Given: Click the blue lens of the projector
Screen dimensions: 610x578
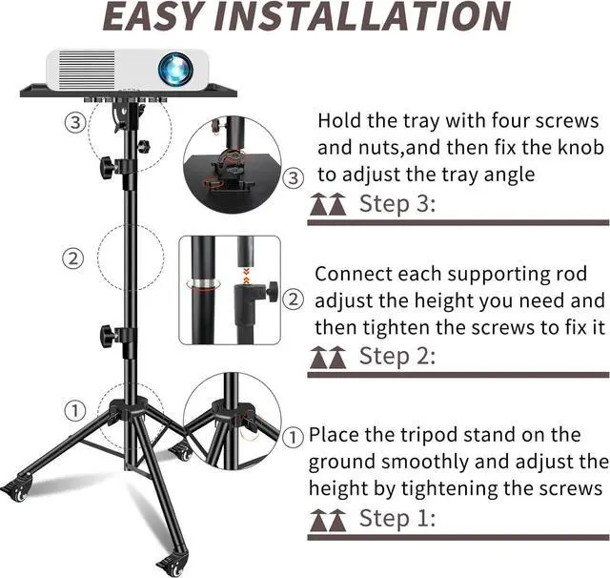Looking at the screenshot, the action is (175, 70).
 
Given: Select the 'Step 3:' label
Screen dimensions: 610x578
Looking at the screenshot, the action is (396, 203).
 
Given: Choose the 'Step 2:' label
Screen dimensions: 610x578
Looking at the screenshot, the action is (396, 356).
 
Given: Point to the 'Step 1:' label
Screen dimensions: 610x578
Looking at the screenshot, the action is (396, 518).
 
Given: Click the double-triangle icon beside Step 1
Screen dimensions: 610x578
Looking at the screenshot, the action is (328, 521).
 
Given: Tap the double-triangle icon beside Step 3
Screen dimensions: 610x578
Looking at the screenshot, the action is (328, 204).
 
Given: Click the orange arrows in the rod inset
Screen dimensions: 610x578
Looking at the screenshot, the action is (246, 276).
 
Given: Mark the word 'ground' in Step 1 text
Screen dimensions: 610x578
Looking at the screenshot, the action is (342, 463).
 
